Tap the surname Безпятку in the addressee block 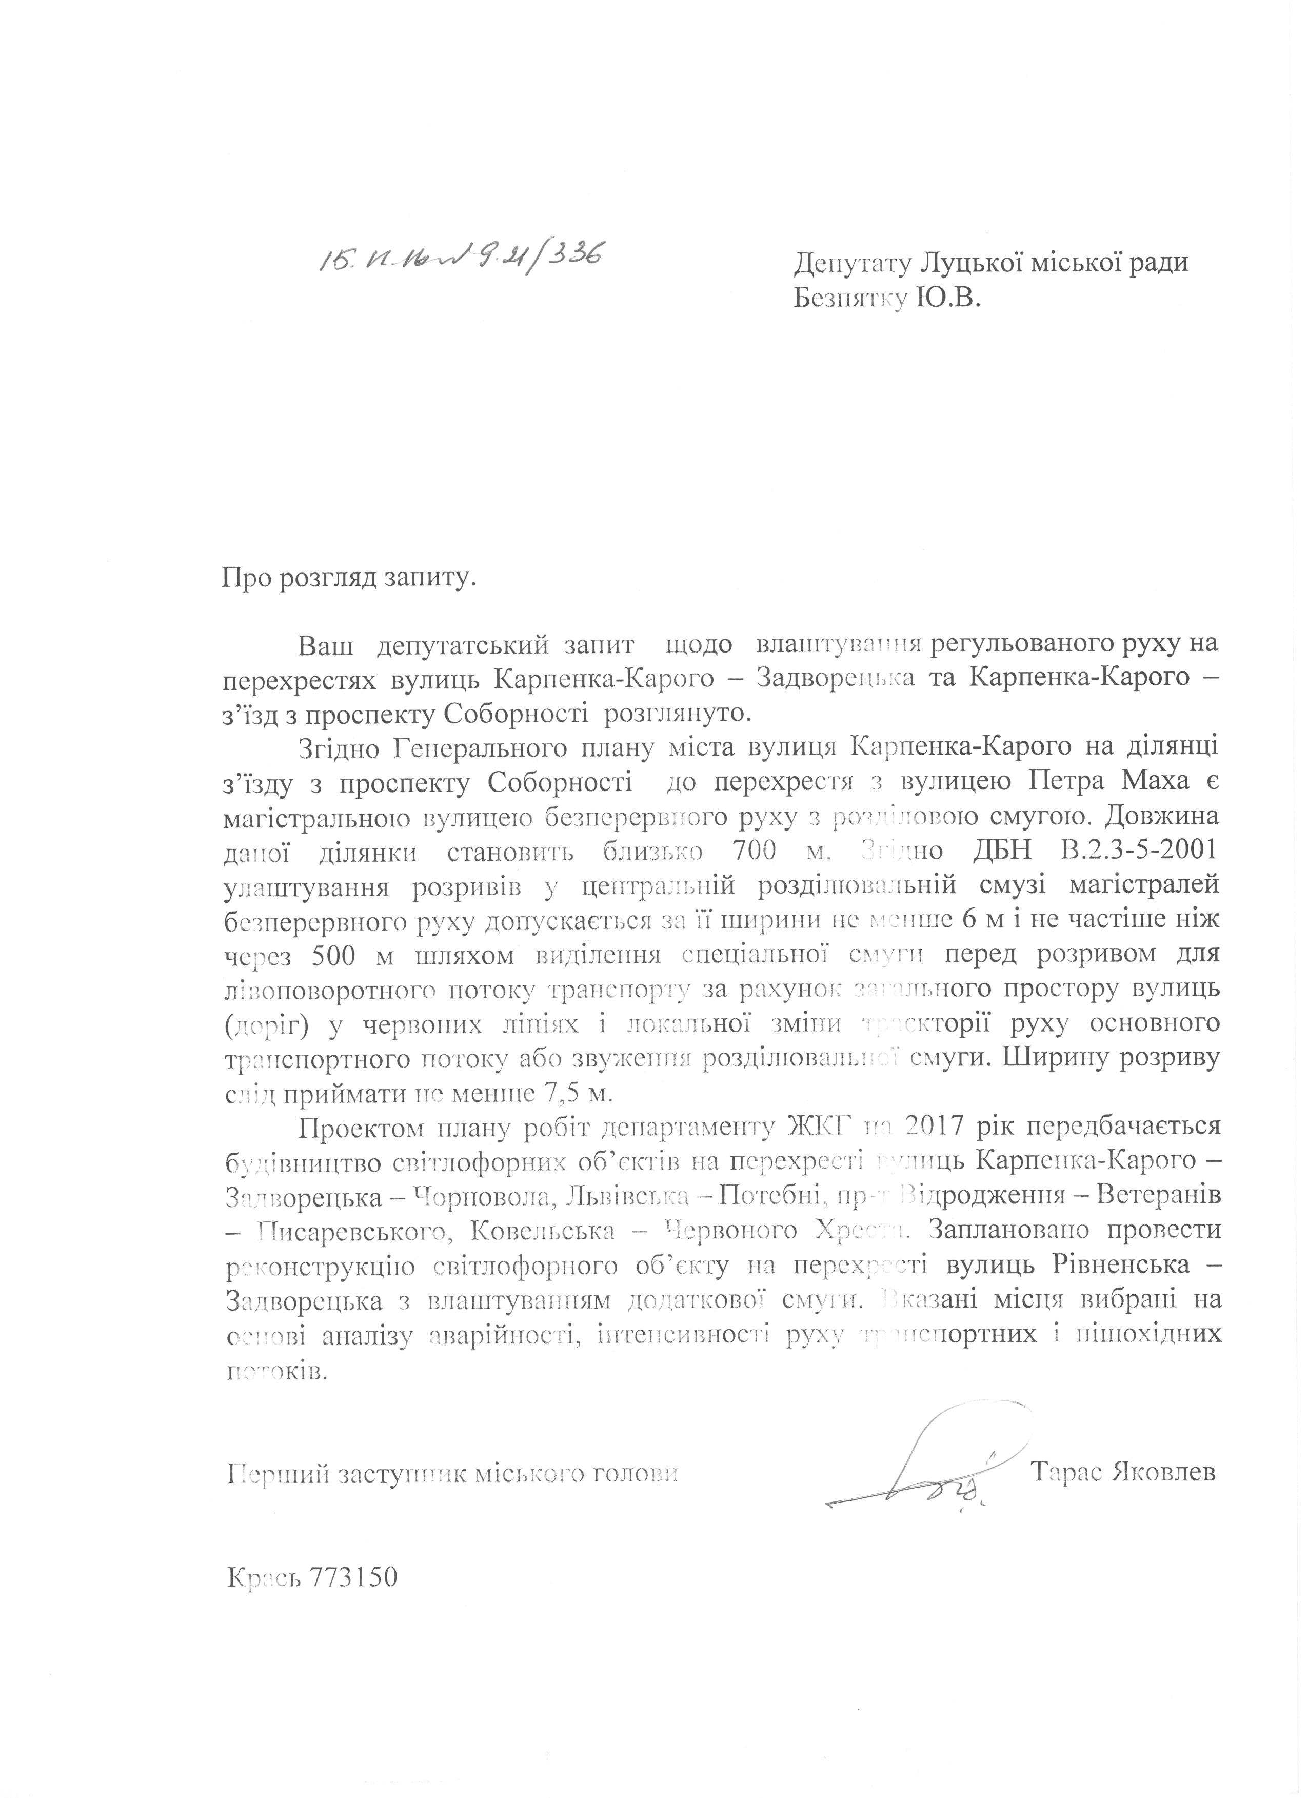tap(847, 299)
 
